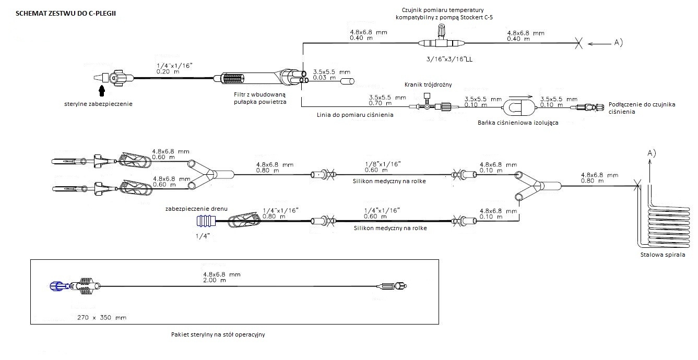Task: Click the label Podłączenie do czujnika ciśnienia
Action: pyautogui.click(x=642, y=108)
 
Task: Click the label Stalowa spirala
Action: pyautogui.click(x=662, y=255)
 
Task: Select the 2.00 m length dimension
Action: pyautogui.click(x=214, y=280)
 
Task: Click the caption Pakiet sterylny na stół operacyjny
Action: pyautogui.click(x=218, y=334)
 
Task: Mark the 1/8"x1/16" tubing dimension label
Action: pyautogui.click(x=382, y=164)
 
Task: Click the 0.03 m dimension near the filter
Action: pyautogui.click(x=324, y=78)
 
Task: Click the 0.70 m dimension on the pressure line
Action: pyautogui.click(x=380, y=103)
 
